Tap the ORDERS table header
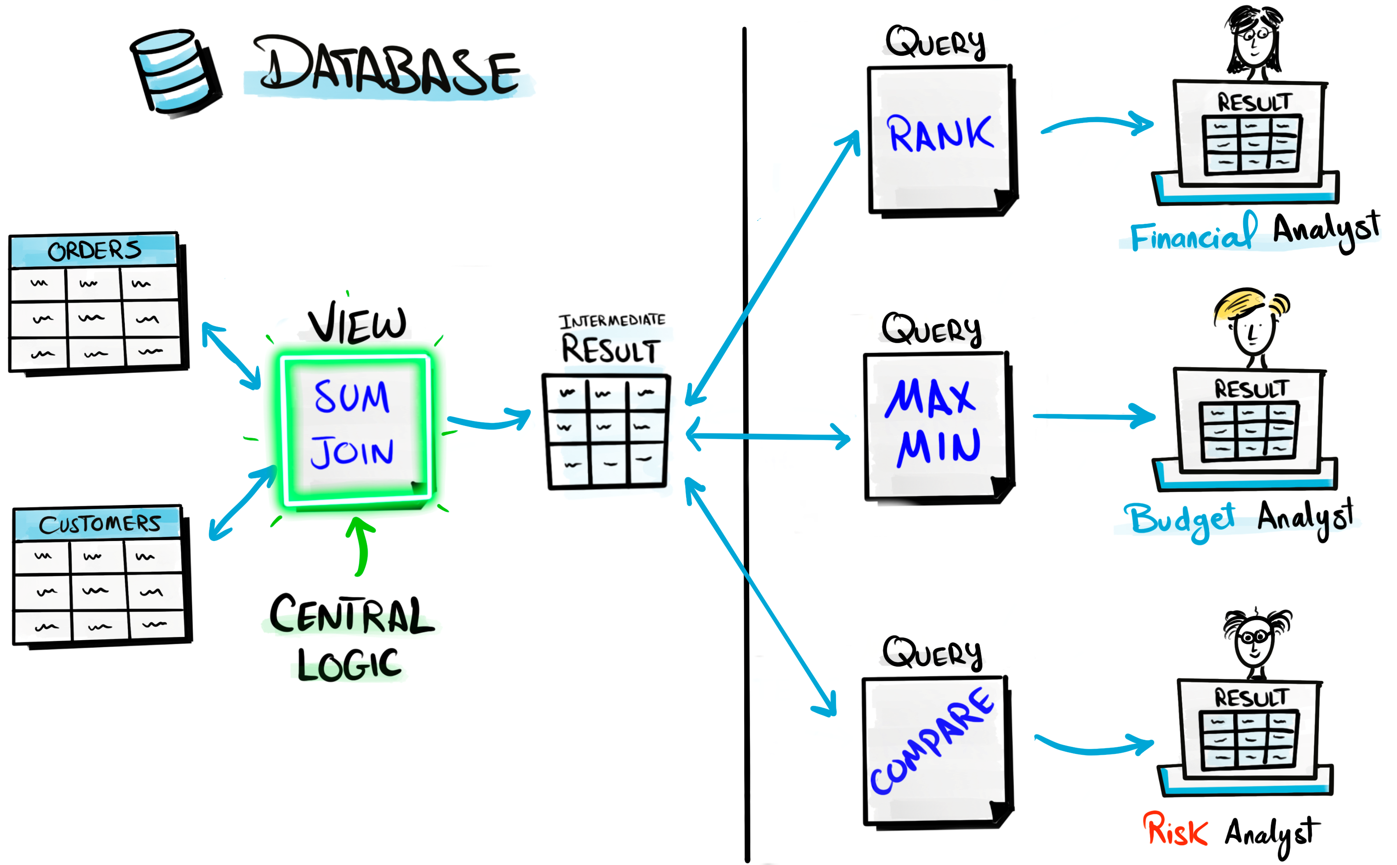[x=94, y=250]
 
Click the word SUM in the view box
[x=352, y=396]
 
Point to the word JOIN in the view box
[x=352, y=452]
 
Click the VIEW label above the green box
[x=357, y=324]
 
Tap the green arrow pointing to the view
[x=360, y=546]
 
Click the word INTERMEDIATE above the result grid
[x=612, y=321]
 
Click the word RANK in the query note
[x=940, y=134]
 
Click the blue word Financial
[x=1193, y=234]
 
